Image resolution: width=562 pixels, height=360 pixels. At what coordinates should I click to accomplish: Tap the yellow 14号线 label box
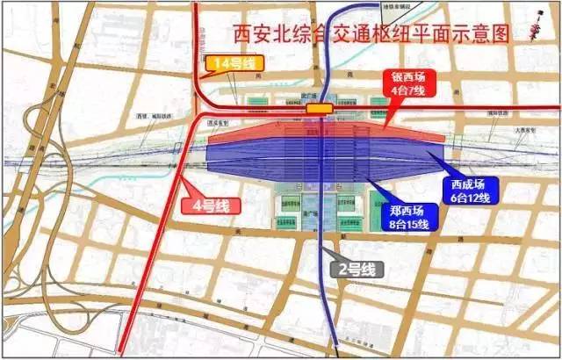pos(230,63)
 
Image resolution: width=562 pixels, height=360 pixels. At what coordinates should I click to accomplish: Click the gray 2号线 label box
pos(350,269)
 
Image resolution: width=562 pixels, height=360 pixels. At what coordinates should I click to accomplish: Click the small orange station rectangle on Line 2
pos(319,108)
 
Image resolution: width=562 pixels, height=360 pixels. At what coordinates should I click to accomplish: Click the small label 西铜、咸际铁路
pos(155,116)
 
